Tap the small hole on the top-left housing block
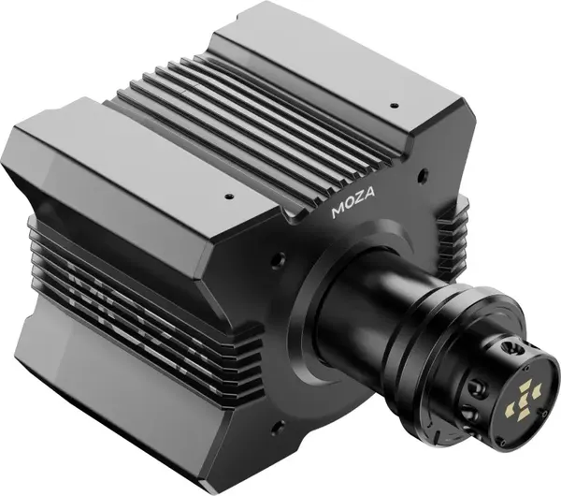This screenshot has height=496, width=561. click(x=227, y=198)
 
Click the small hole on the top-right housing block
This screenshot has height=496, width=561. click(x=394, y=106)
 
